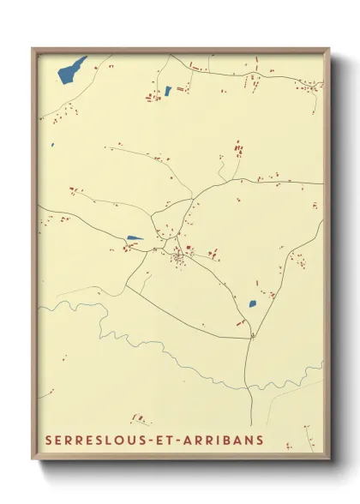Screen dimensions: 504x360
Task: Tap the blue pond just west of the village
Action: point(135,238)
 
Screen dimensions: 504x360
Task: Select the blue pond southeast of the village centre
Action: point(253,303)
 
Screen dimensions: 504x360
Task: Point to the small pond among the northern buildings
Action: point(168,90)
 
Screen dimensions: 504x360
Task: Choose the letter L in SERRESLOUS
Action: point(114,441)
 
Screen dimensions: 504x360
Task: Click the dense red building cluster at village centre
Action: point(178,256)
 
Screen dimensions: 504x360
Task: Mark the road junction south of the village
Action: point(252,335)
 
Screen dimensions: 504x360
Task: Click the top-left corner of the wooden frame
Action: point(33,49)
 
